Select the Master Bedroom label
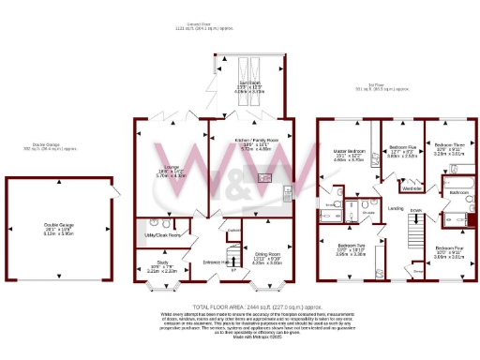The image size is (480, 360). pos(348,151)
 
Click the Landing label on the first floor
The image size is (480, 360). pos(397,207)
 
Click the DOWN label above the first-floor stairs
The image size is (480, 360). pos(414,209)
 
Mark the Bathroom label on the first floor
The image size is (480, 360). pos(458,191)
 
